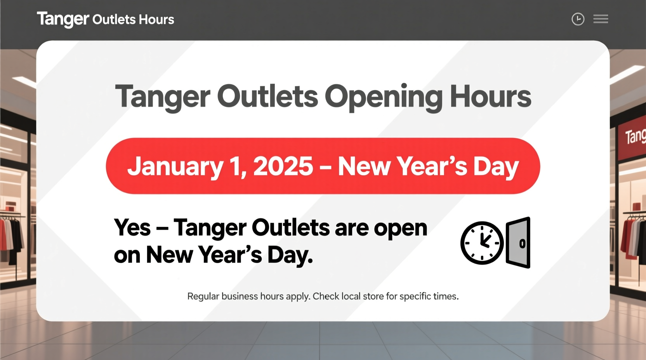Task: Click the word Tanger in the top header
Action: (63, 19)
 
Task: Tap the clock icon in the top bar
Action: (578, 19)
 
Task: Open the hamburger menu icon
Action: (601, 19)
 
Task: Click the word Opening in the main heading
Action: (383, 97)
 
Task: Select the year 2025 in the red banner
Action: (283, 166)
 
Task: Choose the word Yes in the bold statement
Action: (132, 228)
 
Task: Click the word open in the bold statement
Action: (400, 228)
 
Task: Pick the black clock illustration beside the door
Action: (482, 243)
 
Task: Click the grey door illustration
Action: (518, 243)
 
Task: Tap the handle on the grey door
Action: (522, 244)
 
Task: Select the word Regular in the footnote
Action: (203, 296)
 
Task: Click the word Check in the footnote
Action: (326, 296)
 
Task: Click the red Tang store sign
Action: (633, 138)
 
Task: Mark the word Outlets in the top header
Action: (114, 19)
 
